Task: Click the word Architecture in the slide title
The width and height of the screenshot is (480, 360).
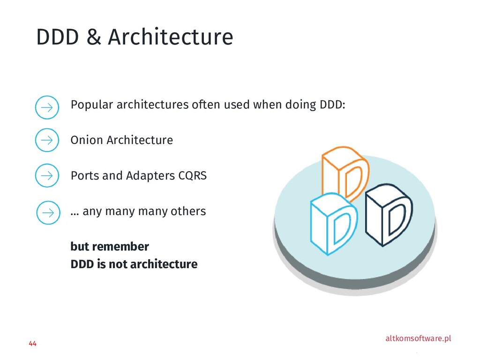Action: [x=170, y=37]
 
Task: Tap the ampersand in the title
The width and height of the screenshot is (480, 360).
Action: [x=94, y=37]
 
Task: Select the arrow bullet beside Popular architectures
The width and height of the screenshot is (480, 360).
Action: [x=47, y=107]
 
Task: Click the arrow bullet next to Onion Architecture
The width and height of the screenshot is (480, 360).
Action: [x=47, y=140]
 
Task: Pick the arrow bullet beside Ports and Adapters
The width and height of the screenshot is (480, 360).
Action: [x=47, y=176]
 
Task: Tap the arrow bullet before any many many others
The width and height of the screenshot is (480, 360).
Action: [x=48, y=212]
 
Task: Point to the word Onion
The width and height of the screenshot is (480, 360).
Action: [x=87, y=140]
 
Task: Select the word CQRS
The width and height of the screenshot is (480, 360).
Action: [x=192, y=176]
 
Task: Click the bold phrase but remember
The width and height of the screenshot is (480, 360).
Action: [x=110, y=247]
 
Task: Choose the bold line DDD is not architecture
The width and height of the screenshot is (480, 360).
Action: [x=134, y=264]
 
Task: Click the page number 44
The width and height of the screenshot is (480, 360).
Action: [x=32, y=344]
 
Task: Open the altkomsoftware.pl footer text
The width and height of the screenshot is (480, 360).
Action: [x=418, y=338]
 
